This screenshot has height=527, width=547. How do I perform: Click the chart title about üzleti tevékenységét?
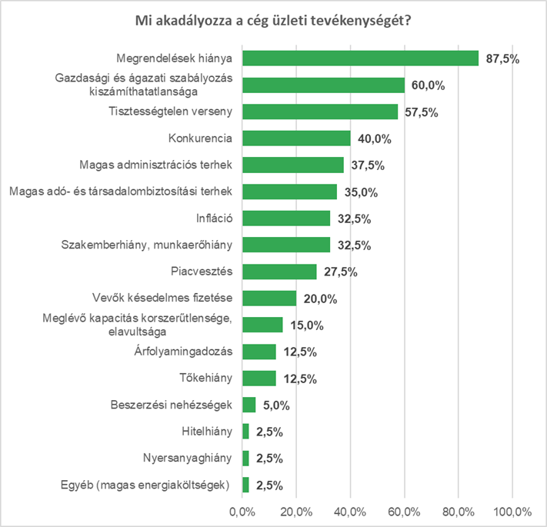tap(273, 20)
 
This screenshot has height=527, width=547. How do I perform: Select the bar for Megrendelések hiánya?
tap(360, 58)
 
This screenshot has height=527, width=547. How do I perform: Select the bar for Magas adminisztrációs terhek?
tap(293, 165)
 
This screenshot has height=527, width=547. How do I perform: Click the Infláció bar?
tap(286, 218)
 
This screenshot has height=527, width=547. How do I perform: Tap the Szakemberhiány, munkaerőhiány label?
tap(147, 245)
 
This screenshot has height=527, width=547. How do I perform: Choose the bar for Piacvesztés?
tap(279, 272)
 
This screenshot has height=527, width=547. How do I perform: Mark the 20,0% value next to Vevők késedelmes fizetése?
tap(321, 299)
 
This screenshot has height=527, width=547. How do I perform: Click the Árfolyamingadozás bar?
tap(259, 352)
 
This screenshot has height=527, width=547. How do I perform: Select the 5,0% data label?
tap(277, 405)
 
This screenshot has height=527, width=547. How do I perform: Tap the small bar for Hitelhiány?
tap(245, 432)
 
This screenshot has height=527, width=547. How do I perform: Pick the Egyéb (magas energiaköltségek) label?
tap(145, 485)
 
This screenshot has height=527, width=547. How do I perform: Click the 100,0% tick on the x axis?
tap(512, 512)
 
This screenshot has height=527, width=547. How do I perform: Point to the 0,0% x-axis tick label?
tap(242, 512)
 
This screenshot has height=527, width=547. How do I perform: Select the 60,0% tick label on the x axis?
tap(405, 512)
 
